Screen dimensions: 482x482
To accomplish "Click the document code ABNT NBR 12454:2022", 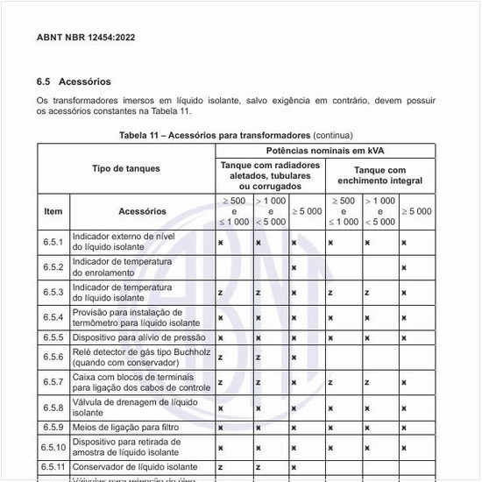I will pos(86,38).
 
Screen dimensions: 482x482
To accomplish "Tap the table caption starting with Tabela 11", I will pos(236,136).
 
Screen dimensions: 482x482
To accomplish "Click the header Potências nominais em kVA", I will pos(325,151).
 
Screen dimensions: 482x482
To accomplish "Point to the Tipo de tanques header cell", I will pos(125,167).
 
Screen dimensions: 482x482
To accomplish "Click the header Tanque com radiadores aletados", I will pos(271,175).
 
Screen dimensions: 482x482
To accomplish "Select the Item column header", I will pos(53,211).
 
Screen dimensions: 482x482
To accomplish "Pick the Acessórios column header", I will pos(142,211).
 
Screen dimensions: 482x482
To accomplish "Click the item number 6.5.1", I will pos(53,242).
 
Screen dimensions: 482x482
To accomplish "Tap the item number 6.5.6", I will pos(53,357).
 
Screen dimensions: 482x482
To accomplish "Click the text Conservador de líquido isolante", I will pos(133,467).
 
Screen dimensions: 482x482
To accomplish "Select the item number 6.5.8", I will pos(53,408).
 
